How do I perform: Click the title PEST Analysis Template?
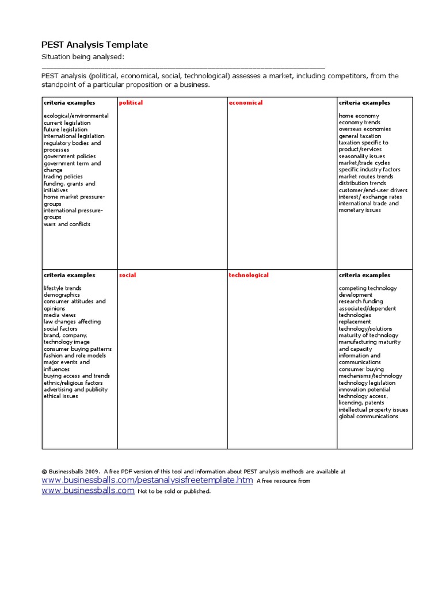coord(94,45)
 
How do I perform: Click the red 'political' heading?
coord(131,103)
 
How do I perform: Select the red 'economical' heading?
coord(245,103)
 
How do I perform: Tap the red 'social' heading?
coord(127,276)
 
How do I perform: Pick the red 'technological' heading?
coord(249,276)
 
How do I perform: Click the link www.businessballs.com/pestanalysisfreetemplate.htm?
coord(147,480)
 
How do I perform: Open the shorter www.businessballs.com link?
coord(88,491)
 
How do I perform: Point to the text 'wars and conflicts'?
coord(67,224)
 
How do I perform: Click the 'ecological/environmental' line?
coord(76,116)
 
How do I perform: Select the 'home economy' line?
coord(359,116)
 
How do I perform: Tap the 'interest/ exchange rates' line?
coord(370,197)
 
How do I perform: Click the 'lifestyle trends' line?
coord(62,288)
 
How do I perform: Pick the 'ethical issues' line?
coord(60,396)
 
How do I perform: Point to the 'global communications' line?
coord(368,416)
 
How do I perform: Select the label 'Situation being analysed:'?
coord(82,57)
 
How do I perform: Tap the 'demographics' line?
coord(62,295)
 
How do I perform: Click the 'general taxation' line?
coord(360,136)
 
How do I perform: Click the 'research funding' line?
coord(360,302)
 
